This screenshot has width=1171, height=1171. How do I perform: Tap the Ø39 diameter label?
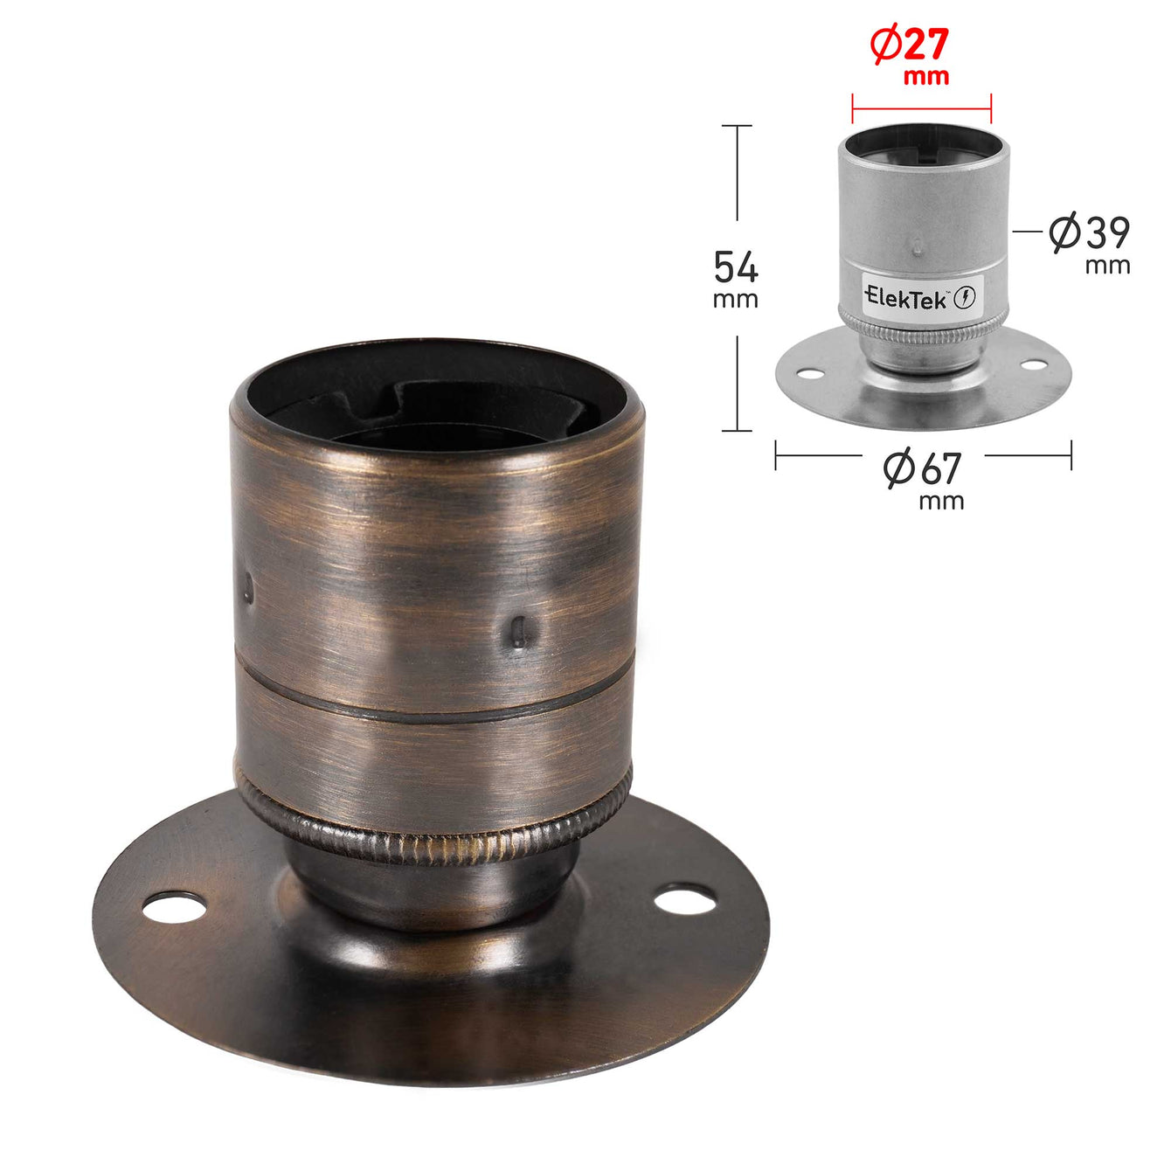[1089, 232]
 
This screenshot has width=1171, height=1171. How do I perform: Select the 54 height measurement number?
[736, 267]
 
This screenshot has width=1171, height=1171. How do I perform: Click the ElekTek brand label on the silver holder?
[905, 298]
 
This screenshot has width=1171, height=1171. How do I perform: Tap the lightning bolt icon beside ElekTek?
[966, 297]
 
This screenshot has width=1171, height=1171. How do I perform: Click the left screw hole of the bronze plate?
[174, 907]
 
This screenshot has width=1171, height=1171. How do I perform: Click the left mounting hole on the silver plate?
[809, 374]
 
